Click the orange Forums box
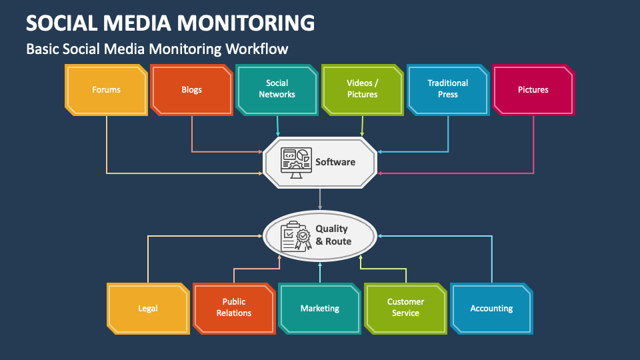point(106,89)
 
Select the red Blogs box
point(191,89)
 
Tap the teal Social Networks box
point(277,89)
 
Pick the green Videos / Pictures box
point(362,89)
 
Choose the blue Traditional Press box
point(447,89)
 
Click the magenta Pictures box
point(533,89)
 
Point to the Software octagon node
point(320,162)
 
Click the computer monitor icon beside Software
point(295,162)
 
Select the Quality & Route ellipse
point(320,235)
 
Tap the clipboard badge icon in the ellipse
point(296,236)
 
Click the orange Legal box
point(148,308)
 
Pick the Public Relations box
point(233,308)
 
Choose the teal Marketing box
point(319,308)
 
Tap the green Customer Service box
point(405,308)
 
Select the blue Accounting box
point(491,308)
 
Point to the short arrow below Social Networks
point(277,125)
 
